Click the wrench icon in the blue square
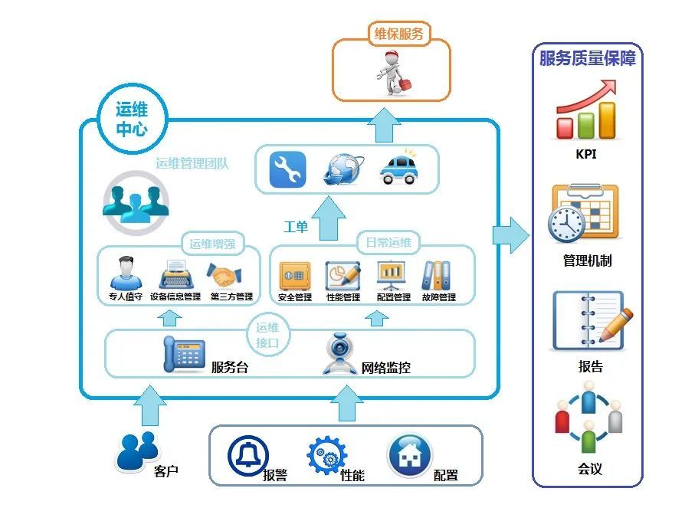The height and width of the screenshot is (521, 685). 287,169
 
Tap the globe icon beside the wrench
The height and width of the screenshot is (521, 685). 342,169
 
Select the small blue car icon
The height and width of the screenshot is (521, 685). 398,169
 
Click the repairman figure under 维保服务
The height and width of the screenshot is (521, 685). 391,71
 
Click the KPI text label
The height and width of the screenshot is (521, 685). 586,154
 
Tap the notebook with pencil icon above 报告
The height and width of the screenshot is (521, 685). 590,322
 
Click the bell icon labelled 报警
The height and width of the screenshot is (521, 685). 248,456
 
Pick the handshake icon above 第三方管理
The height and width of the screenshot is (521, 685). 228,274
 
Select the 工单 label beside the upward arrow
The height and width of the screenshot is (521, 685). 296,227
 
